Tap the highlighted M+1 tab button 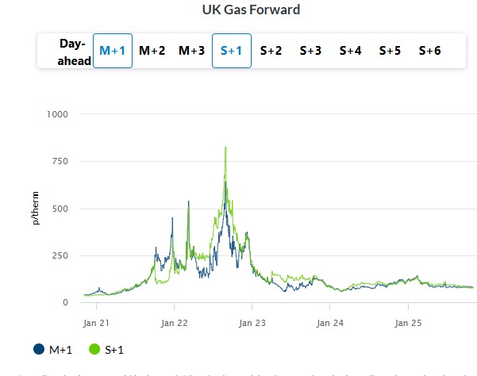coord(112,51)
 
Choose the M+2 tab coord(152,51)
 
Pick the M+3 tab coord(191,51)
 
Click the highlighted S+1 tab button coord(231,51)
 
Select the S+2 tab coord(271,51)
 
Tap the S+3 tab coord(310,51)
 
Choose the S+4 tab coord(350,51)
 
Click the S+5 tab coord(390,51)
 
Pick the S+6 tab coord(429,51)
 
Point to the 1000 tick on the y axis coord(57,114)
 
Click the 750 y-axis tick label coord(60,161)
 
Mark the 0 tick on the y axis coord(65,302)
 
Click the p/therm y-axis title coord(37,209)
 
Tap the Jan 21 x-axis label coord(96,323)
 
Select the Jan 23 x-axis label coord(252,323)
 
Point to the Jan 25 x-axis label coord(407,323)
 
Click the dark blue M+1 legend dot coord(39,349)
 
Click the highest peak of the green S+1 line coord(226,147)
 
